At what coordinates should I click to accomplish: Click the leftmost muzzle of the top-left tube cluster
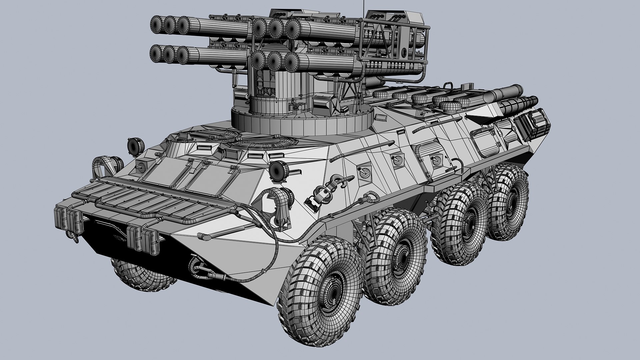coord(157,23)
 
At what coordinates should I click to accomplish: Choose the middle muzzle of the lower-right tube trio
coord(275,60)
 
